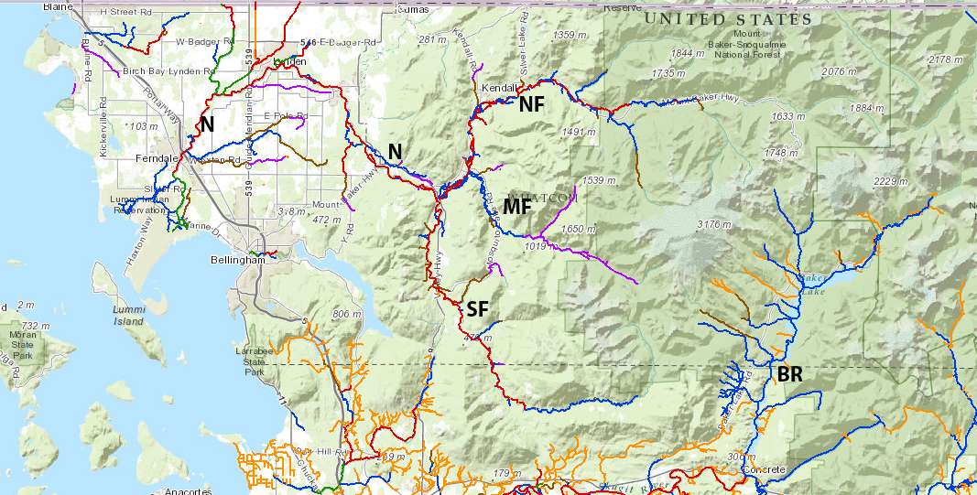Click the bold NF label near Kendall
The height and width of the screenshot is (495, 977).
point(531,104)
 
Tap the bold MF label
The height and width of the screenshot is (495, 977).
point(517,207)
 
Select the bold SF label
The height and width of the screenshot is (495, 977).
point(477,309)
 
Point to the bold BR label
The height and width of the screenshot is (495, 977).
point(790,374)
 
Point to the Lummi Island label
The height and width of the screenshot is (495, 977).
point(128,316)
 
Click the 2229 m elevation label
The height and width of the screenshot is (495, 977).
point(891,181)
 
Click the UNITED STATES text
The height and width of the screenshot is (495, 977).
point(728,19)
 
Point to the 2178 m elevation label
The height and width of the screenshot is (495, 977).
point(946,59)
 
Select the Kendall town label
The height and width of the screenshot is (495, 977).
point(499,88)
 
